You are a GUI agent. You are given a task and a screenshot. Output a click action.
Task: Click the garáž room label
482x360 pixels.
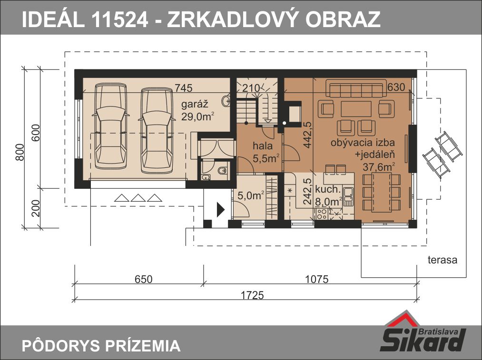(195, 105)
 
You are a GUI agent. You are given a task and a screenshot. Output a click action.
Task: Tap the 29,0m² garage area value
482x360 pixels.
(197, 117)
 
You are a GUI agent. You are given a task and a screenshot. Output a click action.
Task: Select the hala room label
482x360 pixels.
(263, 146)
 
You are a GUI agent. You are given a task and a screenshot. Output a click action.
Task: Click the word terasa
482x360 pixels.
(443, 260)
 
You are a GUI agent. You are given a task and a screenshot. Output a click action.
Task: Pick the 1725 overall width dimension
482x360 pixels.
(252, 295)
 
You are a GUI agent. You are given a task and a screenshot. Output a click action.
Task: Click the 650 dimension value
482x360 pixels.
(144, 279)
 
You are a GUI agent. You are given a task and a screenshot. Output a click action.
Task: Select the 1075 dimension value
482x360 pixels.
(316, 279)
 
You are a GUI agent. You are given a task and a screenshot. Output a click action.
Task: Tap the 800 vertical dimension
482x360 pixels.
(20, 152)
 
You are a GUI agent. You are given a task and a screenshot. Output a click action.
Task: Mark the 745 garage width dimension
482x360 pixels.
(184, 88)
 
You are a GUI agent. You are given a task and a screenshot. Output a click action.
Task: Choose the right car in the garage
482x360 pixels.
(157, 131)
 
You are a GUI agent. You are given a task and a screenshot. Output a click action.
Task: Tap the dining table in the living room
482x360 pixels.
(382, 192)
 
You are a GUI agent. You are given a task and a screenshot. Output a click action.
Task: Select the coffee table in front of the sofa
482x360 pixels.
(356, 109)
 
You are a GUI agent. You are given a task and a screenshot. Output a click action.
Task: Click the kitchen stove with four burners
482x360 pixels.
(322, 214)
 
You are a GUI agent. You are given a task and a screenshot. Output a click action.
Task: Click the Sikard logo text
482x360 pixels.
(423, 340)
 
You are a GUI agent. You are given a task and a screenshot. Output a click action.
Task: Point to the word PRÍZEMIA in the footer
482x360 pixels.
(143, 346)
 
